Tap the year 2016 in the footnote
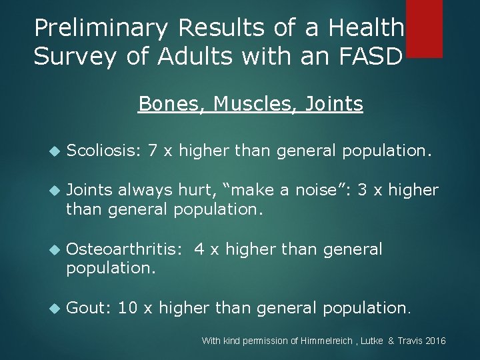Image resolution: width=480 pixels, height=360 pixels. [435, 341]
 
